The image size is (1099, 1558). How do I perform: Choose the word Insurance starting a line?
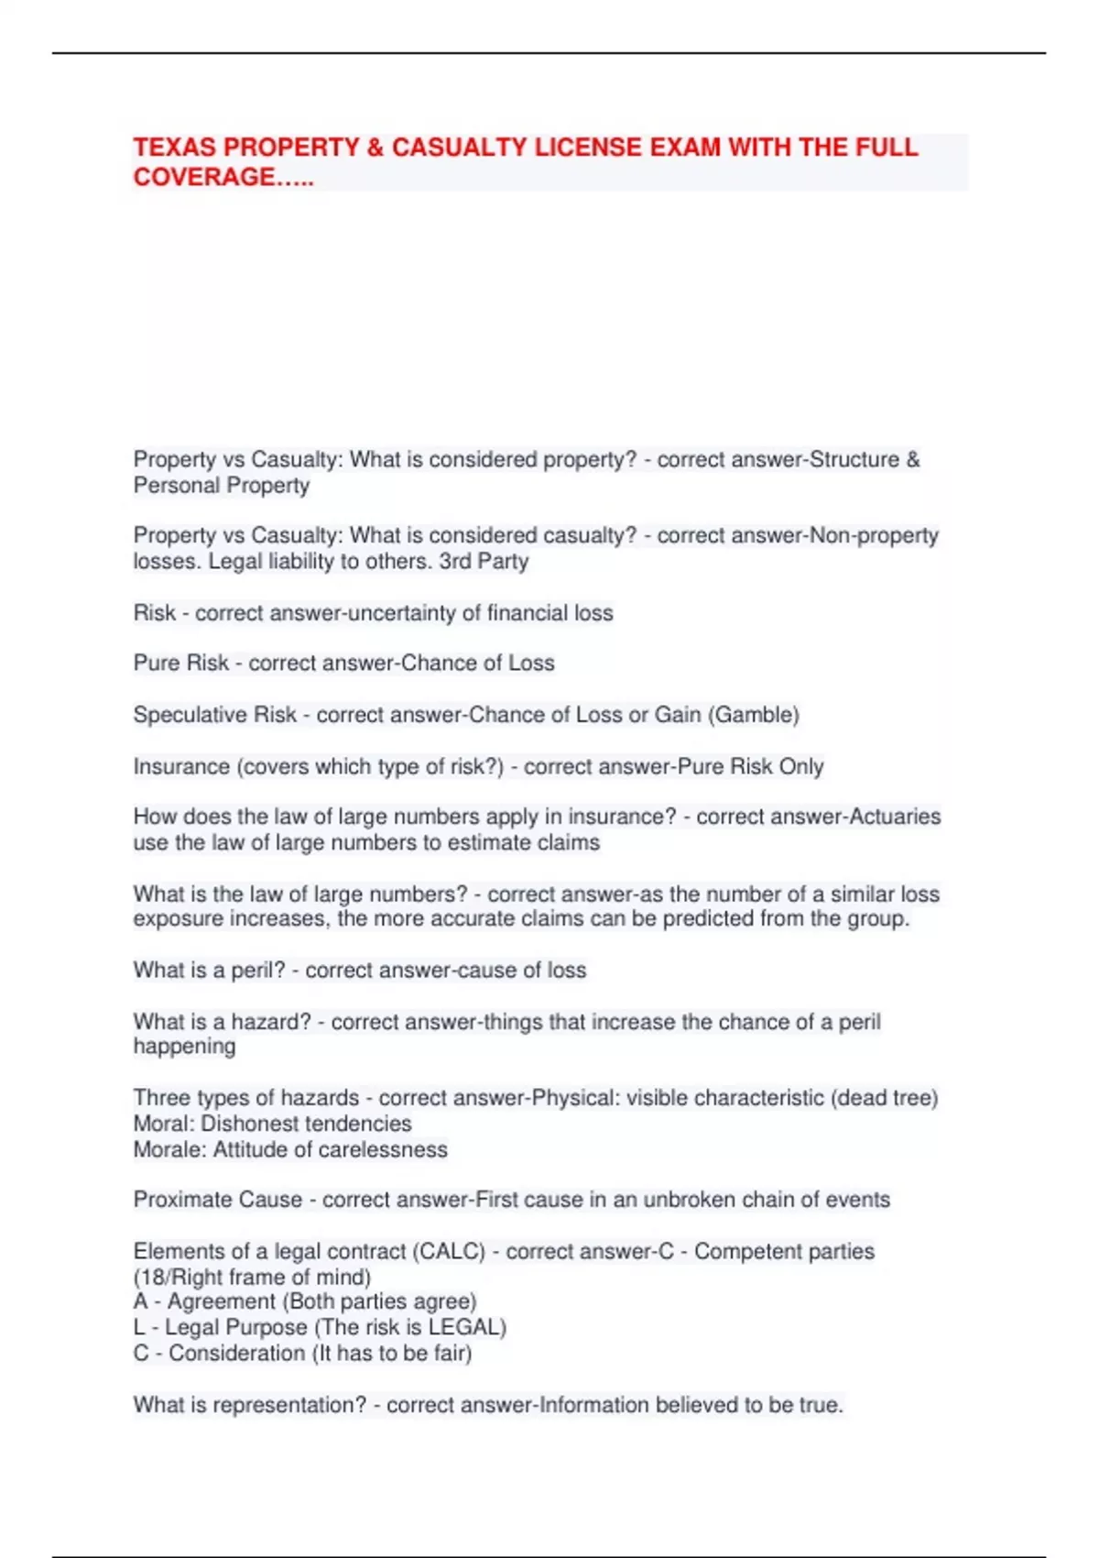[x=181, y=766]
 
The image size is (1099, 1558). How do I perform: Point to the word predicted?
[x=710, y=919]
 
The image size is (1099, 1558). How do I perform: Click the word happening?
[x=184, y=1047]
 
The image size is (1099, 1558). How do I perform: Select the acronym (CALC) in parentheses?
[x=449, y=1252]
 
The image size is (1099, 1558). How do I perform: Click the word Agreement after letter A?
[x=222, y=1302]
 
